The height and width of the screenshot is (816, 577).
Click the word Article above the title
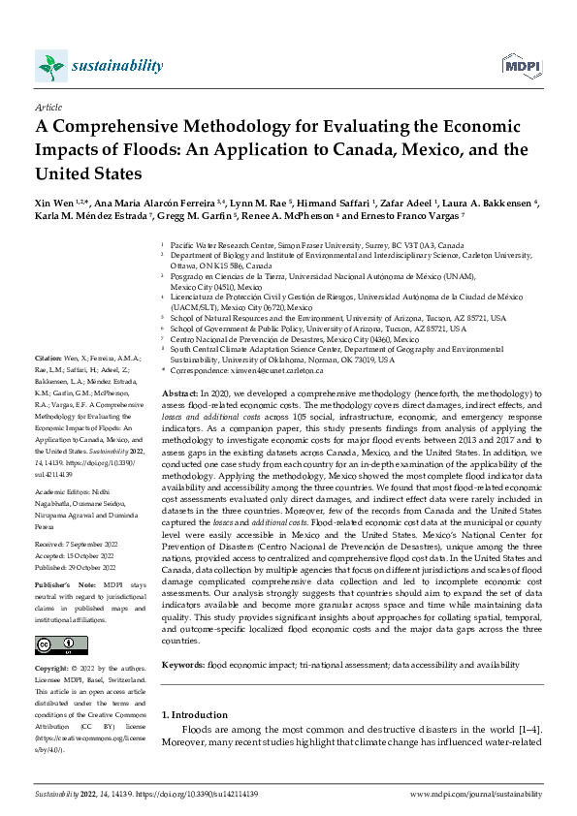(48, 107)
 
